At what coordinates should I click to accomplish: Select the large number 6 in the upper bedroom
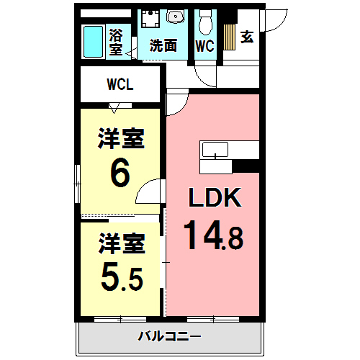click(x=120, y=173)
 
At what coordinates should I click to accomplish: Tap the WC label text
click(x=205, y=45)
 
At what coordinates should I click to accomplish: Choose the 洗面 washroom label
click(x=163, y=45)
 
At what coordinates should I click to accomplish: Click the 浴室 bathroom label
click(x=116, y=41)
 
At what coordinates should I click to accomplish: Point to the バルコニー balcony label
click(x=170, y=336)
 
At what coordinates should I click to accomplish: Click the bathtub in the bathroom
click(x=94, y=42)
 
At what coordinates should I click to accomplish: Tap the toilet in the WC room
click(x=206, y=24)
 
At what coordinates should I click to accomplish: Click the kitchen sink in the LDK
click(x=215, y=150)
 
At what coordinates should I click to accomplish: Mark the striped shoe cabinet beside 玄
click(x=229, y=36)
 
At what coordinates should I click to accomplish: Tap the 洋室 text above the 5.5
click(x=121, y=243)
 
